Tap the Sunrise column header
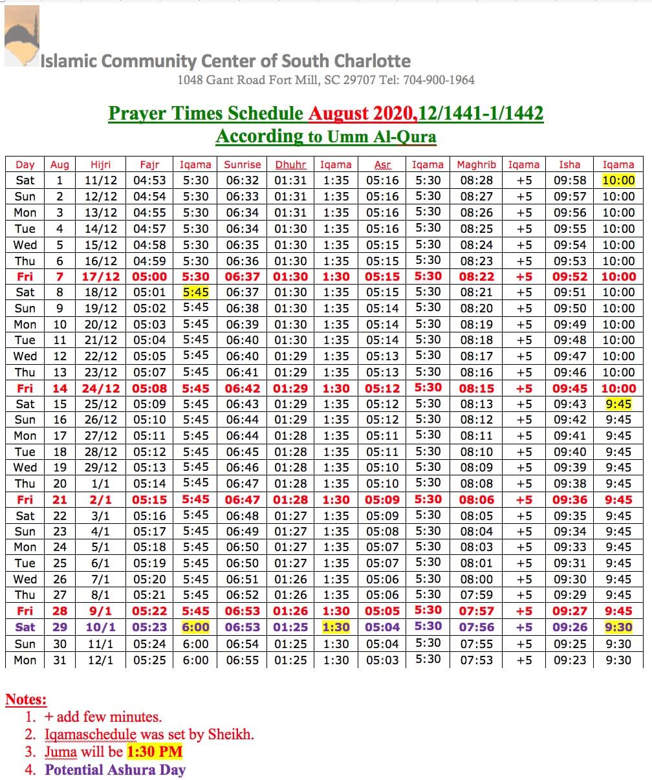tap(243, 165)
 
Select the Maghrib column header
tap(476, 165)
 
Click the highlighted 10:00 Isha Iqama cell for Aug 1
tap(618, 180)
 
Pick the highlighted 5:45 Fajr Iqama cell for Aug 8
tap(195, 292)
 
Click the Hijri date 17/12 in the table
tap(101, 276)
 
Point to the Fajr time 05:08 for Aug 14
tap(149, 388)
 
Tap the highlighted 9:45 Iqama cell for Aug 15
tap(618, 404)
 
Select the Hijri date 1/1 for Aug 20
tap(101, 484)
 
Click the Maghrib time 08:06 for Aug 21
tap(476, 500)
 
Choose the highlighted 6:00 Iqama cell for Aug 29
tap(195, 627)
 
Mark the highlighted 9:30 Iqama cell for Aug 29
tap(618, 627)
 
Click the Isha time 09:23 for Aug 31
tap(570, 660)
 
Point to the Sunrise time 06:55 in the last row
tap(243, 660)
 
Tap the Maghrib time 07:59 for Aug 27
tap(476, 595)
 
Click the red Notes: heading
tap(26, 700)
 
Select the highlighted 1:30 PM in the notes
tap(155, 752)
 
